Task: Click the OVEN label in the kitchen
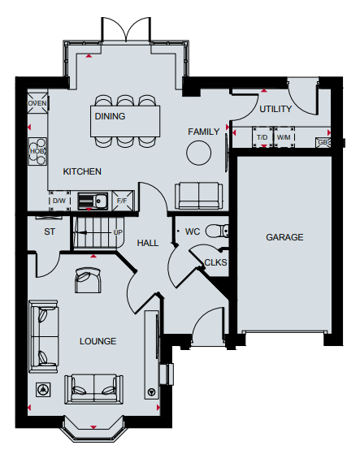coord(37,103)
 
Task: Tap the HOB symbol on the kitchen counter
coord(37,151)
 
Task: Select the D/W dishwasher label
coord(59,201)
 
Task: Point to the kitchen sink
coord(93,201)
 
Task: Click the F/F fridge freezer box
coord(123,201)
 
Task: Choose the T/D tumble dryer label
coord(262,137)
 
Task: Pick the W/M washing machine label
coord(284,137)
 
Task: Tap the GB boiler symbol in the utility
coord(323,142)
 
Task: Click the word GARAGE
coord(284,237)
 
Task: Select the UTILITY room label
coord(275,109)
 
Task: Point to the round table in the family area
coord(198,153)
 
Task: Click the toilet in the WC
coord(217,231)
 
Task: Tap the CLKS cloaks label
coord(215,262)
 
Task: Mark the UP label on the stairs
coord(118,232)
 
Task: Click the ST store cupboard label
coord(50,231)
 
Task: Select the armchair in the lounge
coord(88,280)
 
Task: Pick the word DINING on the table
coord(110,116)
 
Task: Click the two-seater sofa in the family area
coord(198,196)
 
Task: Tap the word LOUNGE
coord(98,341)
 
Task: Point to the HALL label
coord(148,243)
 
